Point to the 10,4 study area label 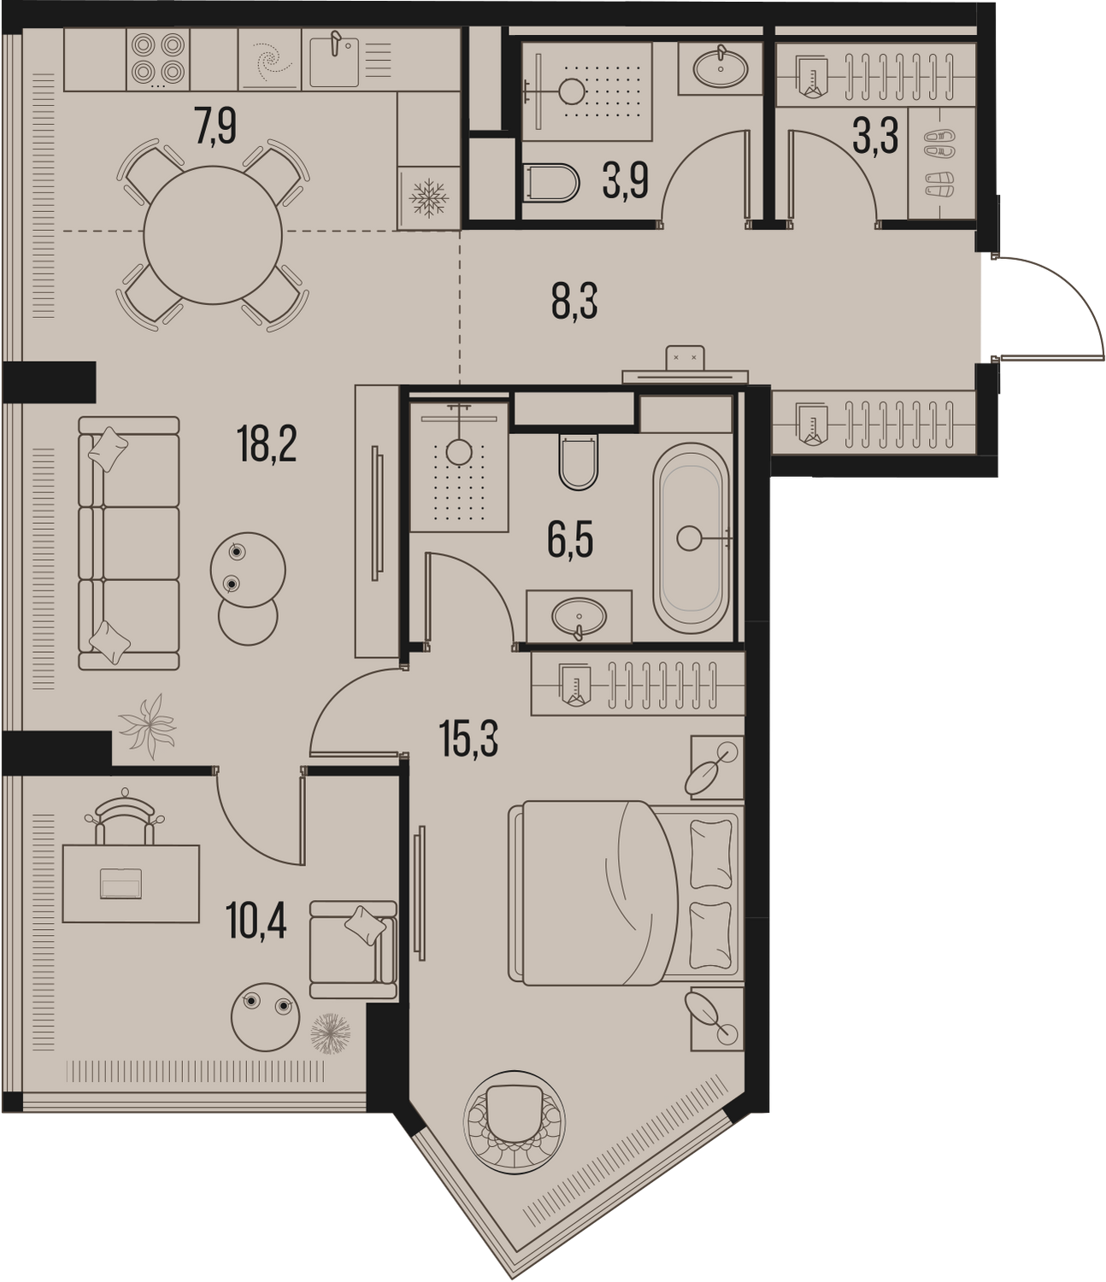[x=256, y=921]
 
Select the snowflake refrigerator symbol [x=428, y=199]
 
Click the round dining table [x=213, y=235]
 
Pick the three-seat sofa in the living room [x=128, y=543]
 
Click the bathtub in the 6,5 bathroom [x=691, y=538]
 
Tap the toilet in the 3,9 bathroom [x=550, y=183]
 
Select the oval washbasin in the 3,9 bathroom [x=721, y=67]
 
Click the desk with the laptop [x=131, y=883]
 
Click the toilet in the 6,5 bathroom [x=578, y=461]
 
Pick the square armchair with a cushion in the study [x=353, y=950]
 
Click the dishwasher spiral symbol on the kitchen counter [x=270, y=59]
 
